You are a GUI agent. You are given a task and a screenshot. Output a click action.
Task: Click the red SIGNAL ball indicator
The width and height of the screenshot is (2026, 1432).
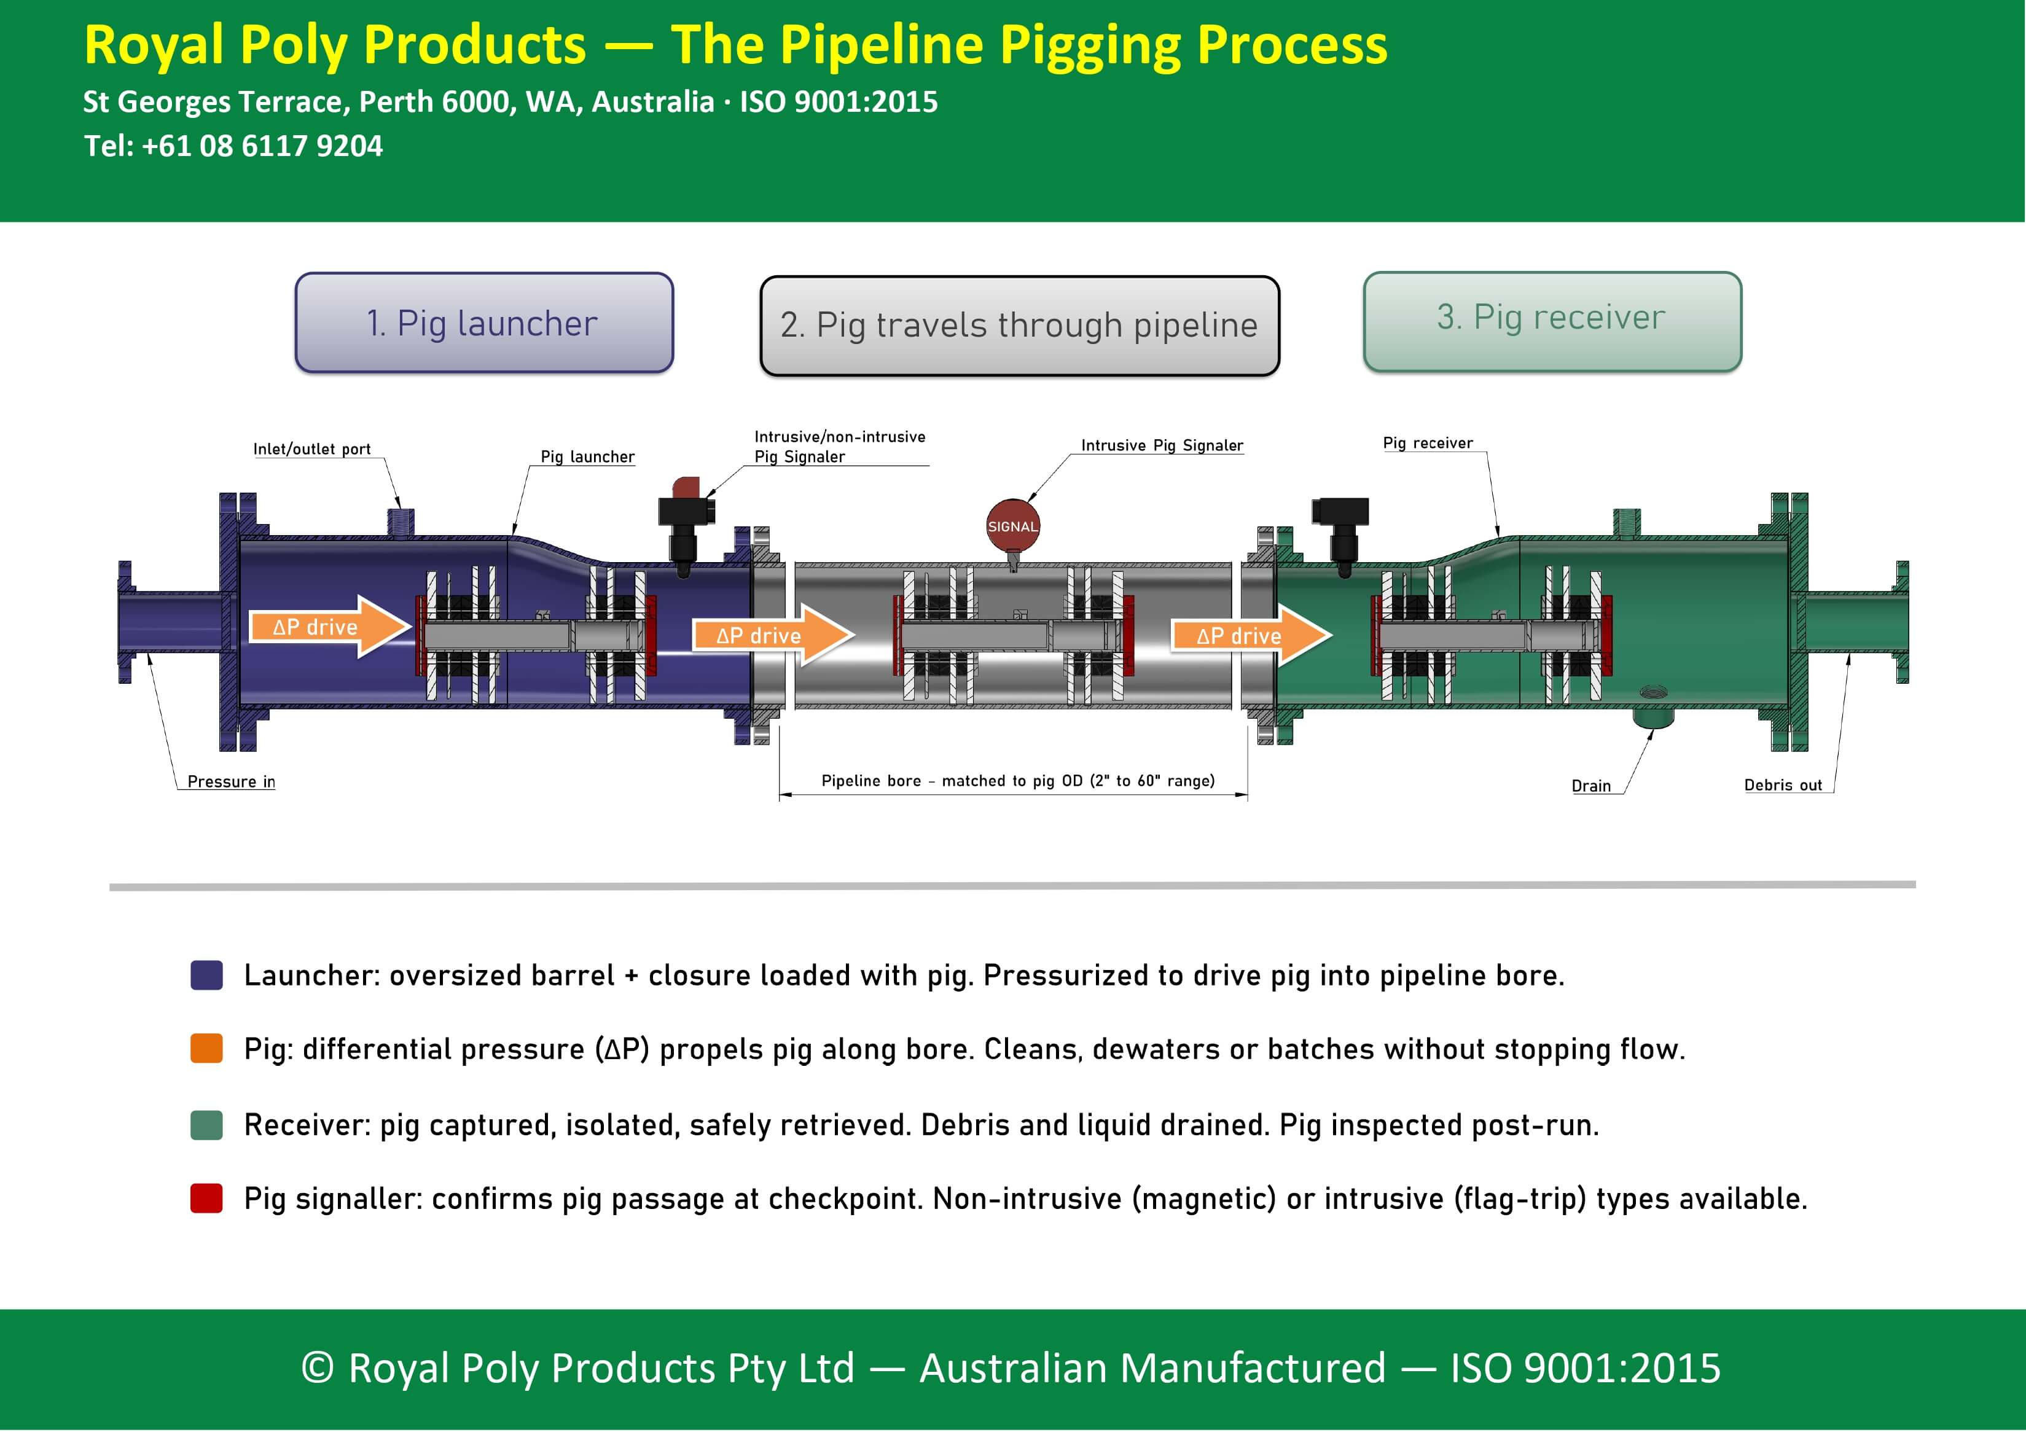click(1012, 525)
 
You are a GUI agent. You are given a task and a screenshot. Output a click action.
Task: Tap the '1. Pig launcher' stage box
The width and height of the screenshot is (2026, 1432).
click(483, 323)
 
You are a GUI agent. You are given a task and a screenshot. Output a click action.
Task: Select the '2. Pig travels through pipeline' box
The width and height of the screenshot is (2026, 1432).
click(1019, 326)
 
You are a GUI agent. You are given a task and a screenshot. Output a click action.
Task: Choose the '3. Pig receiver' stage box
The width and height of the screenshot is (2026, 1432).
click(1552, 321)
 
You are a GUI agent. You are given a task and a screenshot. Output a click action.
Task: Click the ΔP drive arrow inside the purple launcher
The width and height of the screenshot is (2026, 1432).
click(330, 627)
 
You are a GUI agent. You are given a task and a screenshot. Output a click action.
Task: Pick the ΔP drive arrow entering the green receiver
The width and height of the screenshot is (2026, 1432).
click(1251, 635)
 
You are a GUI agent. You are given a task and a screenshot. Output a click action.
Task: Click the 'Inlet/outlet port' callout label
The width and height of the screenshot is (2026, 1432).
click(311, 449)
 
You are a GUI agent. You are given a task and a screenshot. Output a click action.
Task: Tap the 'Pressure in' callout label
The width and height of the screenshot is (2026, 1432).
click(231, 781)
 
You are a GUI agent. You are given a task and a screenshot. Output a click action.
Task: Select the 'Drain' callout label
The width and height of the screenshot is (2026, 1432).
click(1591, 785)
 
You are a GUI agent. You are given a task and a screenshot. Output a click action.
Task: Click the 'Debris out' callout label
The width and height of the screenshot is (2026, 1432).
click(1783, 784)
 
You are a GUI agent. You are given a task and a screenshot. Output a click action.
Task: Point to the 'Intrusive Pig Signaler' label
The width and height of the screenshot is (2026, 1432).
click(1162, 445)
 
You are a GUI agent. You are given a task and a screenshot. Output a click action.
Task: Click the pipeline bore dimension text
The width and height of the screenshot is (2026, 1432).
click(1017, 780)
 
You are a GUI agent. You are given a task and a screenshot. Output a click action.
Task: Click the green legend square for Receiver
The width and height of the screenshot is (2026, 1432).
click(206, 1125)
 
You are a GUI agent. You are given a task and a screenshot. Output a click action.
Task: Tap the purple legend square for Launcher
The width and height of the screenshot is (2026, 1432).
click(206, 975)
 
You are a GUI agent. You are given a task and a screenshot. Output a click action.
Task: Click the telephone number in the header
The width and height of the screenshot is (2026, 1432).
click(262, 146)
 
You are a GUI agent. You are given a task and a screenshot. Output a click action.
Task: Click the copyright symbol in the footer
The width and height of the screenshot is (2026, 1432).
click(318, 1367)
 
